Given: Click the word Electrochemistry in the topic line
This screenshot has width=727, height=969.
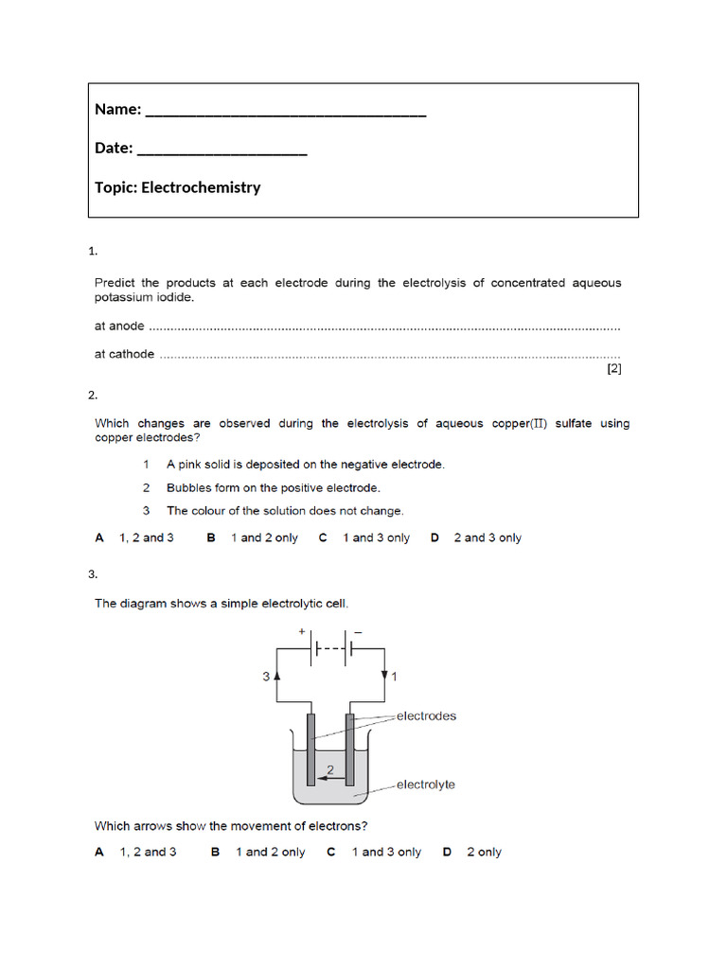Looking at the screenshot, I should [201, 187].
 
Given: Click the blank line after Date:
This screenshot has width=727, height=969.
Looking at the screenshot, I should [222, 152].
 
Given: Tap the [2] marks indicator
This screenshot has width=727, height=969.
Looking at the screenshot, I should [613, 370].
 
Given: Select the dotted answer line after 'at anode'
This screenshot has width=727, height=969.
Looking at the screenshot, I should [384, 327].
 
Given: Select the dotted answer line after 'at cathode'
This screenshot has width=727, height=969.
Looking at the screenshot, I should [389, 356].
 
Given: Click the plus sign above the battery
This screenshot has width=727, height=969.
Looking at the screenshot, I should [302, 630].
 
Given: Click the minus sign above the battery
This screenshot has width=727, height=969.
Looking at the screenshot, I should [359, 630].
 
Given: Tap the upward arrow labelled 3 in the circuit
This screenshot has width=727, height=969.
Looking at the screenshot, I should [276, 677].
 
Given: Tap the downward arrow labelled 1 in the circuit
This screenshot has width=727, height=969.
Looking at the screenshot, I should [385, 677].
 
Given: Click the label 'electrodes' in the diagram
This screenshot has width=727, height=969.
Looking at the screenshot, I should [426, 716].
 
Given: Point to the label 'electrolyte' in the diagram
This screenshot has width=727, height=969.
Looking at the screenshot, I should [425, 784].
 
